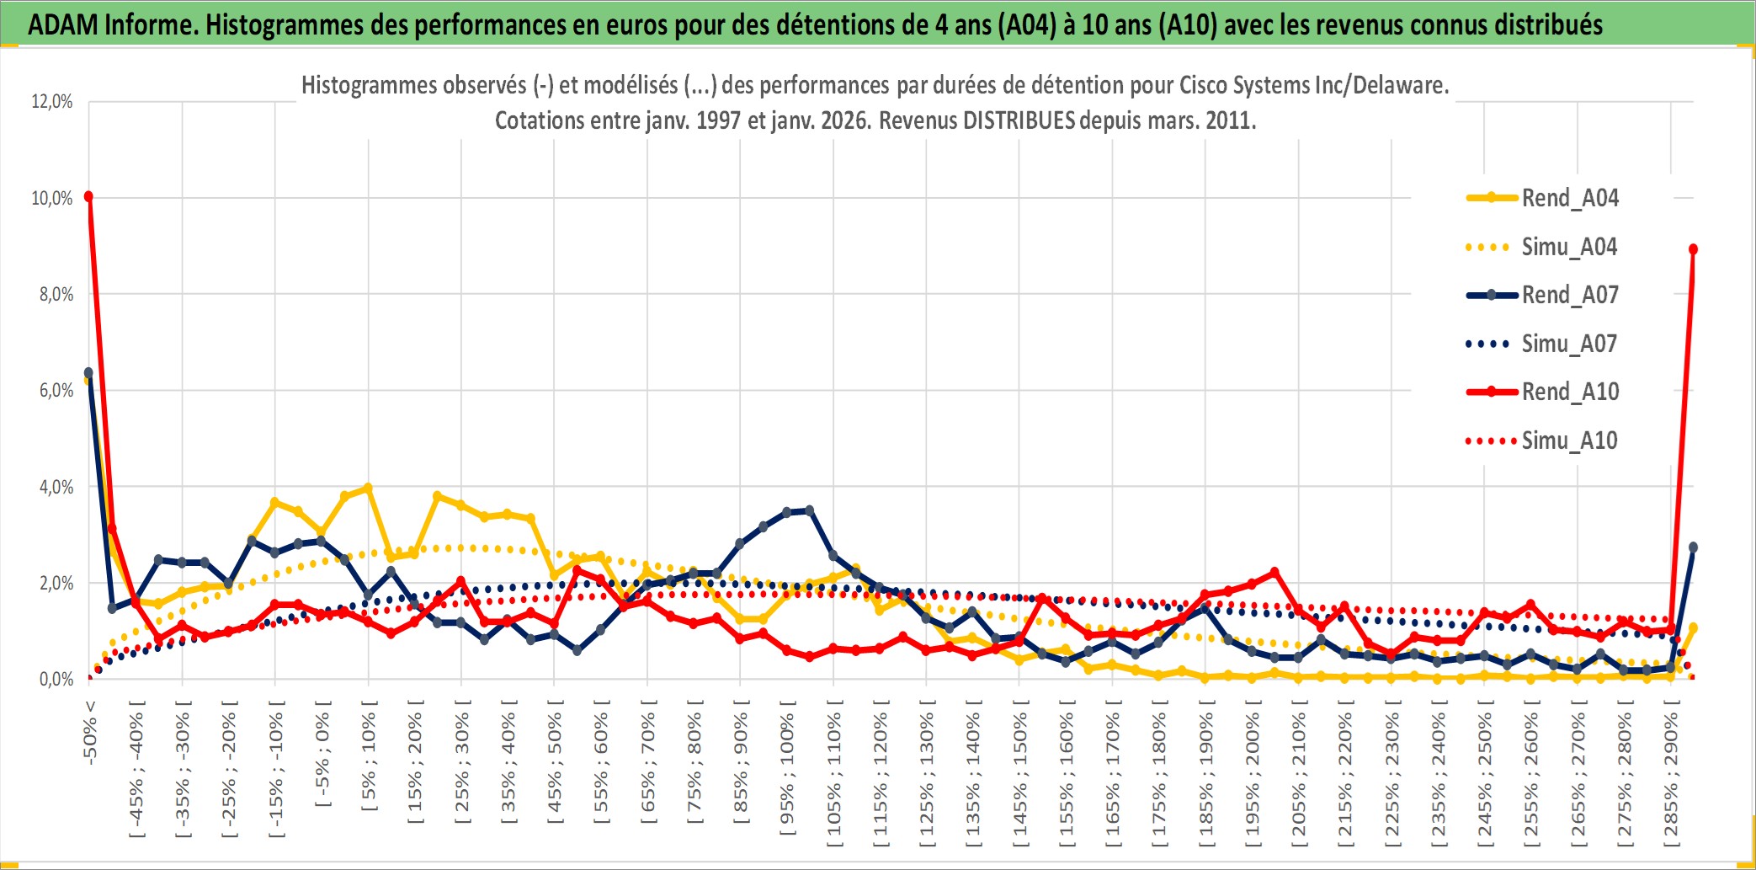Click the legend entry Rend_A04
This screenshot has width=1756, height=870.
pyautogui.click(x=1569, y=198)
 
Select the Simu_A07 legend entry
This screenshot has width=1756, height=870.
pyautogui.click(x=1569, y=344)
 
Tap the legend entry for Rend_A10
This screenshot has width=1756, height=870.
pyautogui.click(x=1570, y=392)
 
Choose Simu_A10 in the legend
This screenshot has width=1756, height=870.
pyautogui.click(x=1569, y=440)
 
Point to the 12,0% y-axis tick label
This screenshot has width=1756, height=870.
pyautogui.click(x=52, y=102)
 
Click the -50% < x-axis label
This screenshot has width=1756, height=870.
pyautogui.click(x=90, y=732)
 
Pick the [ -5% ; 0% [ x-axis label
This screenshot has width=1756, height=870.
pyautogui.click(x=322, y=755)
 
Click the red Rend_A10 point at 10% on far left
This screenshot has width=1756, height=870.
pyautogui.click(x=88, y=196)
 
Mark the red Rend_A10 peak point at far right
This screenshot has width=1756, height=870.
pyautogui.click(x=1693, y=249)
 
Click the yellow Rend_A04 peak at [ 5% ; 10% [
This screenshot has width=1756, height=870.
pyautogui.click(x=368, y=488)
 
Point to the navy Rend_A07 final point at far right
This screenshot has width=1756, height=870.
pyautogui.click(x=1693, y=547)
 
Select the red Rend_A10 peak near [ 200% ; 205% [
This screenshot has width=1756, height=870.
pyautogui.click(x=1274, y=573)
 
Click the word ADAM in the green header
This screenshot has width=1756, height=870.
pyautogui.click(x=63, y=24)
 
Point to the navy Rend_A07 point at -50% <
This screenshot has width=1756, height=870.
pyautogui.click(x=88, y=372)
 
